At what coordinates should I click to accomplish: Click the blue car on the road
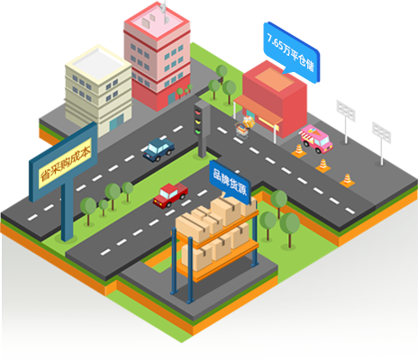click(159, 149)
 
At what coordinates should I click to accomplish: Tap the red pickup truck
click(170, 195)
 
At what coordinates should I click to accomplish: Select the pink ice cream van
click(316, 139)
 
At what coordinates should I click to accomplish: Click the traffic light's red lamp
click(197, 113)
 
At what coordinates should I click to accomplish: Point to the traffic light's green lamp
click(197, 130)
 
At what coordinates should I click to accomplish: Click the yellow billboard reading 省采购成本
click(65, 163)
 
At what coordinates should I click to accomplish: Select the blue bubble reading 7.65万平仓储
click(291, 53)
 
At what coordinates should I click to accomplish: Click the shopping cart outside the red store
click(242, 130)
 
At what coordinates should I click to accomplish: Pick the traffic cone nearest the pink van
click(299, 150)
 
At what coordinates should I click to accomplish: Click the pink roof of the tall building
click(157, 22)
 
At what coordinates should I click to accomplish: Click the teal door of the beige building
click(116, 122)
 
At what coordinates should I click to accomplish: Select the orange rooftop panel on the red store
click(274, 78)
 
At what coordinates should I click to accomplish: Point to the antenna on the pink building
click(163, 12)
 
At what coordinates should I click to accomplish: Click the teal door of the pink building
click(171, 98)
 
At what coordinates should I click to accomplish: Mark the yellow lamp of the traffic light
click(197, 121)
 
